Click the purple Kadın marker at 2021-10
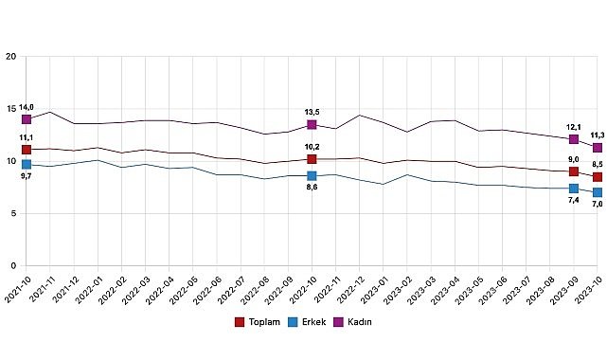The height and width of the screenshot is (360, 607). pos(27,119)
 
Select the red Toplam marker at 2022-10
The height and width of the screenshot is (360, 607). pos(312,159)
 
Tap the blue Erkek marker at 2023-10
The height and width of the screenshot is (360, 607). pos(598,192)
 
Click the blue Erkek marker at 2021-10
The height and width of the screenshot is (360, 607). pos(27,164)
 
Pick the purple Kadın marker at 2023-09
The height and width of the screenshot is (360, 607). pos(574,166)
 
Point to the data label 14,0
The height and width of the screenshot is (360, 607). pos(27,108)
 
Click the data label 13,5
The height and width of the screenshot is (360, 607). pos(312,112)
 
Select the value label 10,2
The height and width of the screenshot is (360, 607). pos(312,147)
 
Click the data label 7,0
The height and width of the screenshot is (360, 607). pos(598,206)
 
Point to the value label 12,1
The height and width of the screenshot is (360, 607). pos(574,153)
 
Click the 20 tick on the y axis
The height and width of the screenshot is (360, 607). pos(11,57)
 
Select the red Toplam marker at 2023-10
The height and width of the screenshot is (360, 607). pos(598,177)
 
